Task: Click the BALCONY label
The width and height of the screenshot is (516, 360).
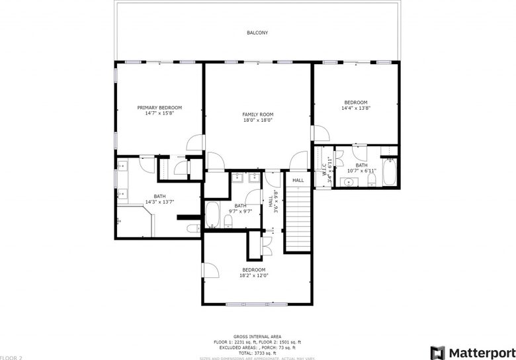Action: point(257,32)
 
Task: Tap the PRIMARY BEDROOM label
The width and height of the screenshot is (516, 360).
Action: point(159,107)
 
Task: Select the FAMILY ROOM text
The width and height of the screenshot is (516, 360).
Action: point(257,114)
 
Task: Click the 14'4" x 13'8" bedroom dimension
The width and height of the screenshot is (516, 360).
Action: point(355,108)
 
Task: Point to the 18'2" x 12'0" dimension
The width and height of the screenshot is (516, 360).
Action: point(253,276)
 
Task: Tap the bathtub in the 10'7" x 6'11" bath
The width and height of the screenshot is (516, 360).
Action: point(390,173)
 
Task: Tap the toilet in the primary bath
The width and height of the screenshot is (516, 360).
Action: point(191,229)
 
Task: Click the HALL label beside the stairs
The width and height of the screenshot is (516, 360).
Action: point(298,180)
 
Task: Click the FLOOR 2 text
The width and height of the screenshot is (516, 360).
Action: point(11,357)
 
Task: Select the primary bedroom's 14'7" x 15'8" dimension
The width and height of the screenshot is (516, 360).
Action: point(159,113)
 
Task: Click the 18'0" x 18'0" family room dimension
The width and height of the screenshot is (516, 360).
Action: point(257,120)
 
